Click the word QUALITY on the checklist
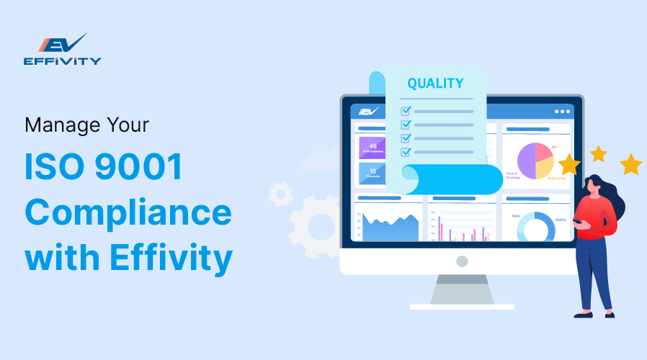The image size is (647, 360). coord(435,83)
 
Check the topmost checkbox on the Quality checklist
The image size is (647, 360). coord(406,111)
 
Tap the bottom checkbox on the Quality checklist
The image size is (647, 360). coord(406,151)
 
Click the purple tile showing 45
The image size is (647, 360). coord(372,147)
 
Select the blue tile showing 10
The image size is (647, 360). coord(372,173)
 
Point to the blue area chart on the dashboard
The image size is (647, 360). coord(390,228)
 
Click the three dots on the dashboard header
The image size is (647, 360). coord(562,112)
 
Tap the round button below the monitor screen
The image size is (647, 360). coord(461,261)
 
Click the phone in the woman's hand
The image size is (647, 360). coord(578,220)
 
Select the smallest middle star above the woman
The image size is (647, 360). coord(598,153)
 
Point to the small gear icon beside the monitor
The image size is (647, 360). coord(281,193)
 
